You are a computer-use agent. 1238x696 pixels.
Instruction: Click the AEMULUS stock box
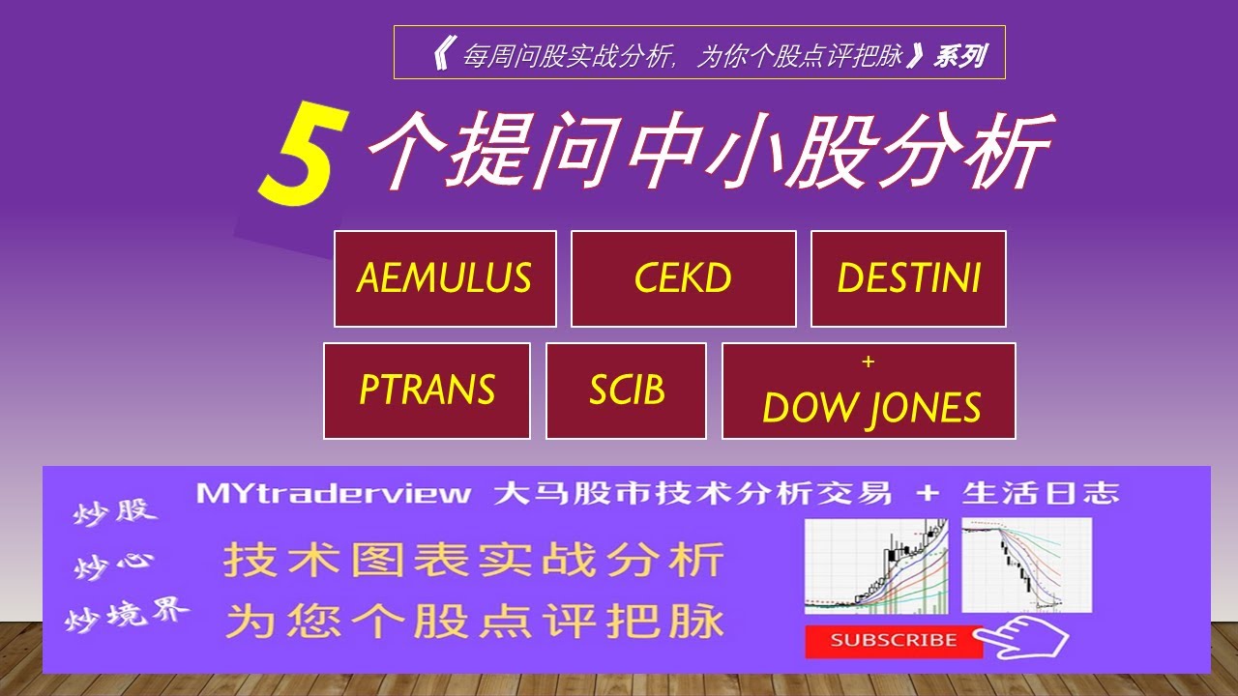coord(445,278)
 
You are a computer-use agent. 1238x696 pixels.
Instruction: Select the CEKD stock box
coord(683,278)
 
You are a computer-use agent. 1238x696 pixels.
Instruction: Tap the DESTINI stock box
coord(908,278)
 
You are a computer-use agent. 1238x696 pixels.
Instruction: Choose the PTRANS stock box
coord(427,391)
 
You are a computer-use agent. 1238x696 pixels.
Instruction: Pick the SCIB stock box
coord(626,391)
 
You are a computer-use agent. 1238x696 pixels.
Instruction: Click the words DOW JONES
coord(870,409)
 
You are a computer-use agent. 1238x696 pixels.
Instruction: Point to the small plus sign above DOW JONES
coord(868,362)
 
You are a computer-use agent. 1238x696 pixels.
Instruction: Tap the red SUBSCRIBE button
coord(893,640)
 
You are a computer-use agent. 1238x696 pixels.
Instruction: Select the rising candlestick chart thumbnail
coord(876,565)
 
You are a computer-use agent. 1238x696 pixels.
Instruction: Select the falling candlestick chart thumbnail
coord(1026,565)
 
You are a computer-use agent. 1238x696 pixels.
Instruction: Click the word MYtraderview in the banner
coord(334,494)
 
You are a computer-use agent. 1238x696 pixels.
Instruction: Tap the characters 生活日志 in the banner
coord(1040,494)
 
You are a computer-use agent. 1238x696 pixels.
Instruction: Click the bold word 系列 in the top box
coord(959,56)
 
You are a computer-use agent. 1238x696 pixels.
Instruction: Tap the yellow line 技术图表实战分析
coord(473,561)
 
